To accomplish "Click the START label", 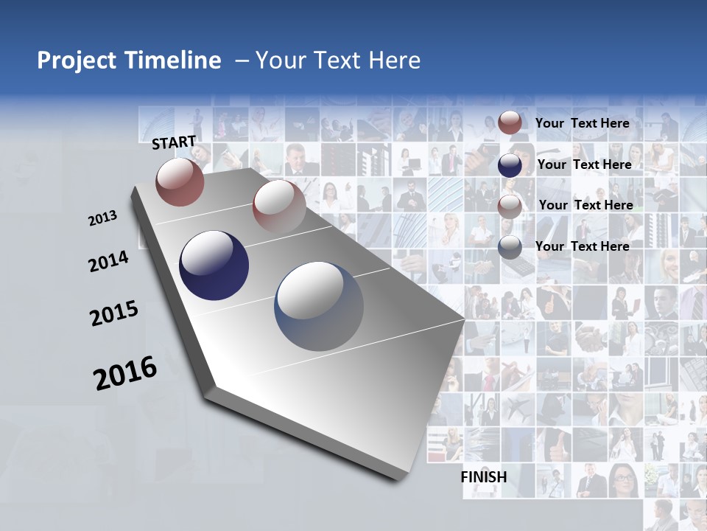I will [x=174, y=142].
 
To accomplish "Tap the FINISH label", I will [x=484, y=477].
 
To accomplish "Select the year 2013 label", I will [x=103, y=218].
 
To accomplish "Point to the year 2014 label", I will [x=108, y=261].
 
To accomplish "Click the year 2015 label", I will [x=114, y=313].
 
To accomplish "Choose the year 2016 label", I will [x=125, y=372].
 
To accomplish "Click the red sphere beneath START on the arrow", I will [x=180, y=181].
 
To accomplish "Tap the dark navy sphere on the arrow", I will [x=214, y=265].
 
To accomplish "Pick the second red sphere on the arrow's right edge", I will [x=278, y=206].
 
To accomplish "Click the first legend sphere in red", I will [x=510, y=123].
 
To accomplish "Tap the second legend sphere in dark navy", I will [x=510, y=165].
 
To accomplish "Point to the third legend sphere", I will [x=510, y=206].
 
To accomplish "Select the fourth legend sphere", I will [x=510, y=248].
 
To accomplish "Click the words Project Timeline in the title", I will [x=129, y=60].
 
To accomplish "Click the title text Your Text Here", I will [x=338, y=60].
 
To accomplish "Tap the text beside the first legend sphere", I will [x=582, y=123].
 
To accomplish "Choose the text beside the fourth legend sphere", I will [x=582, y=246].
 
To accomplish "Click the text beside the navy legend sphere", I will [x=584, y=164].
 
